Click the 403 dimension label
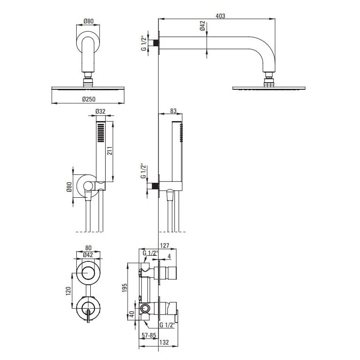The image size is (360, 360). pyautogui.click(x=220, y=16)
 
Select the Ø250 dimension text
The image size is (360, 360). pyautogui.click(x=89, y=100)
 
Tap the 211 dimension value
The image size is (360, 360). pyautogui.click(x=110, y=151)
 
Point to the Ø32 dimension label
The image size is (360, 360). pyautogui.click(x=101, y=111)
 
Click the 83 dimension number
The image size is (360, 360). pyautogui.click(x=173, y=111)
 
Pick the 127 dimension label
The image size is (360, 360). pyautogui.click(x=165, y=245)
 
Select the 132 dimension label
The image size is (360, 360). pyautogui.click(x=164, y=342)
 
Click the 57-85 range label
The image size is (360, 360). pyautogui.click(x=149, y=335)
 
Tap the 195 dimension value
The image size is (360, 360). pyautogui.click(x=124, y=288)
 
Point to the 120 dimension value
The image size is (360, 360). pyautogui.click(x=68, y=291)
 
